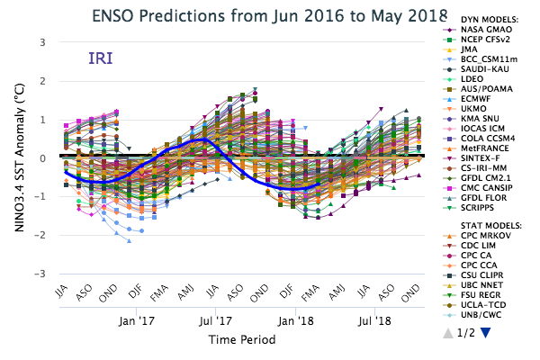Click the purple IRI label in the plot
[x=100, y=58]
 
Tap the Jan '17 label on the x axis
[x=138, y=319]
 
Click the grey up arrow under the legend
[x=447, y=333]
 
